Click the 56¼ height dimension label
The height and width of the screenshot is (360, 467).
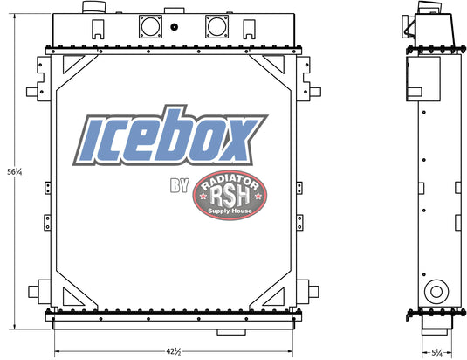[15, 171]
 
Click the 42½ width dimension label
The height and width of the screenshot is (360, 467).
[174, 351]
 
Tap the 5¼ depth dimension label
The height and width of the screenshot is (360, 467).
[437, 353]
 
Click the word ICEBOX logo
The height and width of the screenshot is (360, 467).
[170, 136]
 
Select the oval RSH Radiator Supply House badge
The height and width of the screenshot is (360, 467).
[230, 195]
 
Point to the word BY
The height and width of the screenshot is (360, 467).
[180, 185]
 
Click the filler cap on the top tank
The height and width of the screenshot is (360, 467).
[93, 7]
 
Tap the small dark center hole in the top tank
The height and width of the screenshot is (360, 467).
[175, 27]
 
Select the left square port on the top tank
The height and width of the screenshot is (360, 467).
[151, 26]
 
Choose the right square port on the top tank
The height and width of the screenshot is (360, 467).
[216, 26]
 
